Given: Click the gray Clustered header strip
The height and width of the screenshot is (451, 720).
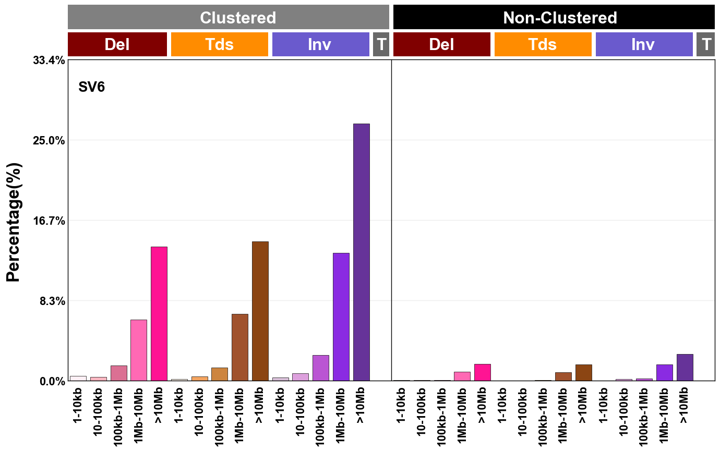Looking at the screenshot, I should [x=229, y=17].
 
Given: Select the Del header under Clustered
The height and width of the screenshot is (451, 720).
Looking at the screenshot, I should [x=117, y=44].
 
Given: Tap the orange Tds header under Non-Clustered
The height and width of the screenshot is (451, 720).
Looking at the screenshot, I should [x=543, y=44].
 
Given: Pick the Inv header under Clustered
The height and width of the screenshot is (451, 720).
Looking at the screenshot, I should [x=320, y=44].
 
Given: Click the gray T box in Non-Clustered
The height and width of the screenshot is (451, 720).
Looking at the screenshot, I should [x=706, y=44].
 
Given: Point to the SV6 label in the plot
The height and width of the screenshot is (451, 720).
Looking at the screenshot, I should [x=92, y=87].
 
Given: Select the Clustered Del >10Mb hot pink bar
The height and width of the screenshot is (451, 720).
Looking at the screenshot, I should [x=159, y=313].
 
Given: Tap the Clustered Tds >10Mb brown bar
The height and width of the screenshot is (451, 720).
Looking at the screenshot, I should [x=260, y=311].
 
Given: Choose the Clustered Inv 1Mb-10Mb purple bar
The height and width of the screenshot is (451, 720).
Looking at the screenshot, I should [x=341, y=316].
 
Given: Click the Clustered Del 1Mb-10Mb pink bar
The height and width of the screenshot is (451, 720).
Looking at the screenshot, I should [x=139, y=350].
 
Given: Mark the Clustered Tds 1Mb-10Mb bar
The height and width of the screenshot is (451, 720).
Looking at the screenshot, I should [x=239, y=347].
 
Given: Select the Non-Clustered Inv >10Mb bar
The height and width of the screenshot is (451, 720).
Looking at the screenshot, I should [x=685, y=368].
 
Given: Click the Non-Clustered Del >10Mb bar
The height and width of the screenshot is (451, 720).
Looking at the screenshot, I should [x=483, y=372].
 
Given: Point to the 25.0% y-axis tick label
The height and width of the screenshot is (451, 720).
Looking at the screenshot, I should [x=49, y=140].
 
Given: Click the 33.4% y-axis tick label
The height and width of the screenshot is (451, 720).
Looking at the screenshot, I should [x=49, y=60].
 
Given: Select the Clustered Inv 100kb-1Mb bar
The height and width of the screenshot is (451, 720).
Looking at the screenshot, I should [x=320, y=368].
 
